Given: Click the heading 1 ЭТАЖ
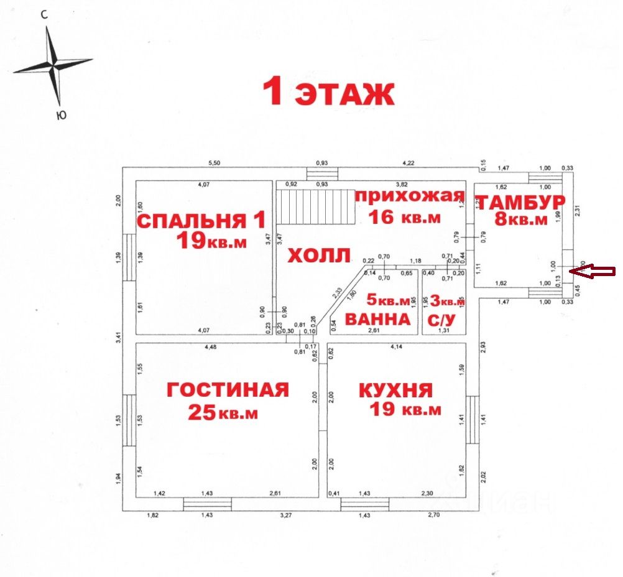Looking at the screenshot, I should pos(328,93).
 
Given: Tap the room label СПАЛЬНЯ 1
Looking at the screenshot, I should pos(201,220).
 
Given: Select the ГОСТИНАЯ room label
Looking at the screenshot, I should pos(228,390).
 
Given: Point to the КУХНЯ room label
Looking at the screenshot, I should pos(395,390).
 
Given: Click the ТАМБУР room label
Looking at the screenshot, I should pos(520,202).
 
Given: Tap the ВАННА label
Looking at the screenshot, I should pos(377,320).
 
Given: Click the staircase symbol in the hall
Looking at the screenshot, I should pos(315,207).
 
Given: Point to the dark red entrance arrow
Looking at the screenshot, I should pos(593,270).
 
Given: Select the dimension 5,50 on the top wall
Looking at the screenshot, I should pos(213,164).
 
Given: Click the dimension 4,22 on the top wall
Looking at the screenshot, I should pos(408,164).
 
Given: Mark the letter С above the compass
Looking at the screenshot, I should pos(45,16).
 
